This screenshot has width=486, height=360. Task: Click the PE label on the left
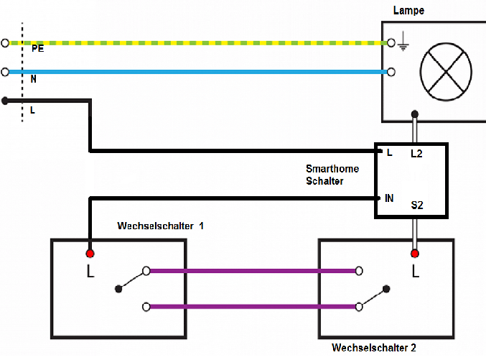(37, 48)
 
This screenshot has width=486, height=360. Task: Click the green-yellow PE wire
(201, 43)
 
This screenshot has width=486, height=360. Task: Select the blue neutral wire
(201, 72)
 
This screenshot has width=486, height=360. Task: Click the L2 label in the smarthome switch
(416, 154)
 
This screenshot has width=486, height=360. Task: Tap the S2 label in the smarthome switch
(417, 206)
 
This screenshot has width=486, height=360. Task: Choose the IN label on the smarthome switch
(390, 197)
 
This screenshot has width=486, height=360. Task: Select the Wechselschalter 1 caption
(160, 226)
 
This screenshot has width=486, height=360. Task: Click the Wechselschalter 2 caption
(374, 348)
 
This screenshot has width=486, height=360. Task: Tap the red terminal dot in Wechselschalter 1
(90, 254)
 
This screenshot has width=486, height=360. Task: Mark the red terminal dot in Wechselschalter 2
(414, 254)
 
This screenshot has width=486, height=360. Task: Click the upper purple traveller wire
(251, 271)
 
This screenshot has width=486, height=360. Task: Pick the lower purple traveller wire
(251, 307)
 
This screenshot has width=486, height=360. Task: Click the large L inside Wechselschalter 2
(414, 272)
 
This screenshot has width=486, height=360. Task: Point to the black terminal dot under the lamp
(414, 114)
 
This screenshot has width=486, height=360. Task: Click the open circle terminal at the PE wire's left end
(6, 43)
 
